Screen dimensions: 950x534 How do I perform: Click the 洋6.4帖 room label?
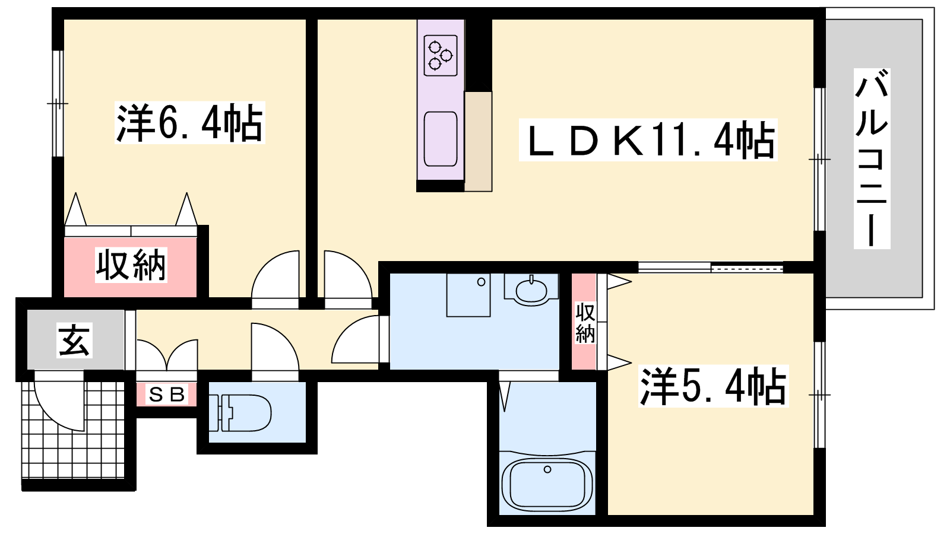pyautogui.click(x=189, y=122)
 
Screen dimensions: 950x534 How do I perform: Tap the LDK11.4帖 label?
pyautogui.click(x=648, y=140)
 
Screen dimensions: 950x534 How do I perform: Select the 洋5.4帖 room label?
pyautogui.click(x=713, y=386)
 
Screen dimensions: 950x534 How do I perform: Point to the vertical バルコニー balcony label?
pyautogui.click(x=872, y=158)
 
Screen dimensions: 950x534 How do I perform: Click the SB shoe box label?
pyautogui.click(x=167, y=395)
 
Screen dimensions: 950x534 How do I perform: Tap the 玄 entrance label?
pyautogui.click(x=75, y=341)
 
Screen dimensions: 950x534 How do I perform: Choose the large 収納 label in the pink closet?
pyautogui.click(x=131, y=265)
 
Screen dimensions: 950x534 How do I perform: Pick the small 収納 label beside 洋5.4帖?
pyautogui.click(x=585, y=323)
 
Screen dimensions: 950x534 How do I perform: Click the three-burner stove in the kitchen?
pyautogui.click(x=441, y=56)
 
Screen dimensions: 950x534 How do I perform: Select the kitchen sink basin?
pyautogui.click(x=441, y=139)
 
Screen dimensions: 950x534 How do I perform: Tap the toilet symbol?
pyautogui.click(x=240, y=413)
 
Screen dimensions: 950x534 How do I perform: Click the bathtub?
pyautogui.click(x=547, y=484)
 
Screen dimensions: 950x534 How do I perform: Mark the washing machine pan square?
pyautogui.click(x=468, y=294)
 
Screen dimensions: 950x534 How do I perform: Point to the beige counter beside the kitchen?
pyautogui.click(x=479, y=142)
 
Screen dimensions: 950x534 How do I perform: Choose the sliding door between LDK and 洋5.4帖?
pyautogui.click(x=711, y=268)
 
